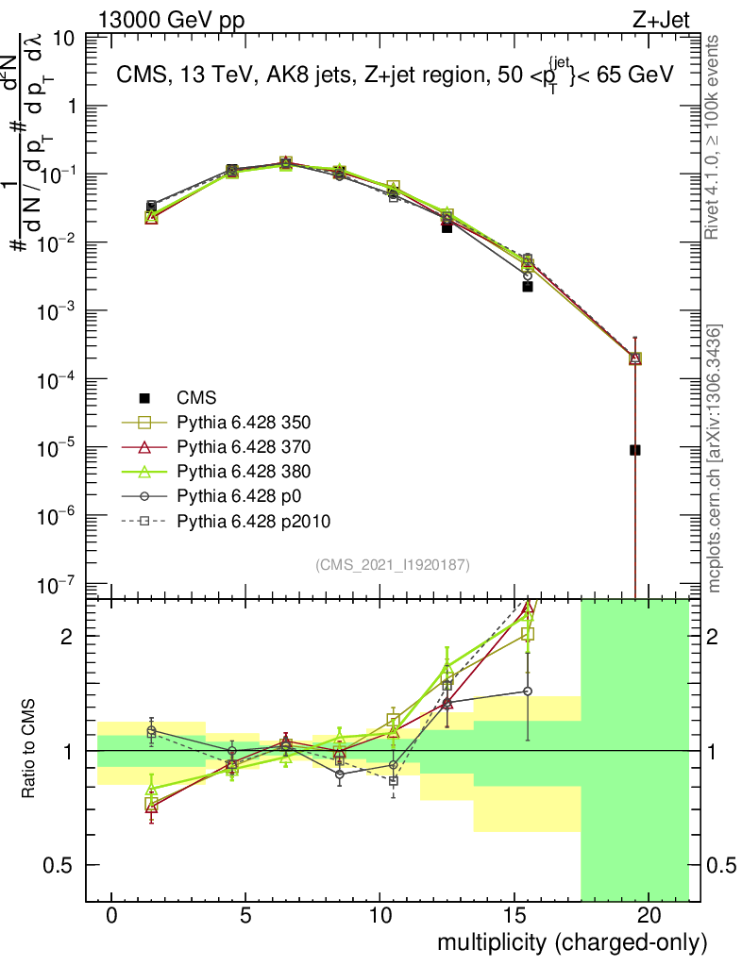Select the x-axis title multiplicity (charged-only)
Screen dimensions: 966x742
(x=571, y=941)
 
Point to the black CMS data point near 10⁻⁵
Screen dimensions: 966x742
(x=635, y=450)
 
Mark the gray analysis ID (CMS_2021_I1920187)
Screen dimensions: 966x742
(x=393, y=565)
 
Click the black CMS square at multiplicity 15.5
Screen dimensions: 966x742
(x=528, y=287)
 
